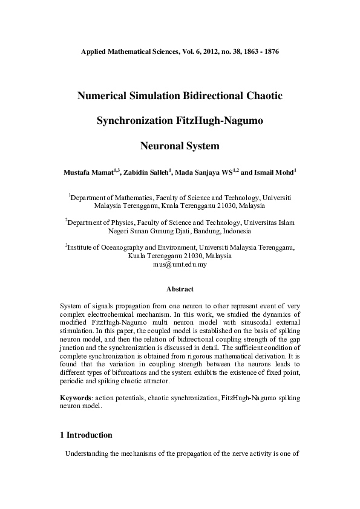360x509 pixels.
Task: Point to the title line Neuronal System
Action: tap(180, 146)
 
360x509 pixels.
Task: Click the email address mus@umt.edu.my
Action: tap(180, 264)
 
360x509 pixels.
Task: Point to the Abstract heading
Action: tap(180, 290)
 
